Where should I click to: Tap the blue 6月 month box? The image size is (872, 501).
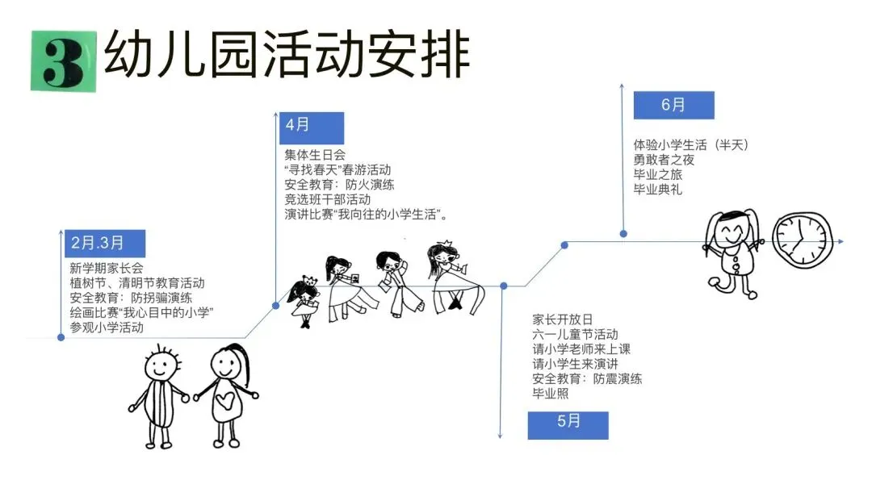coord(673,106)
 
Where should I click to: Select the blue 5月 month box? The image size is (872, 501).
coord(568,424)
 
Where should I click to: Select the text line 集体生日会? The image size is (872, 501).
coord(314,155)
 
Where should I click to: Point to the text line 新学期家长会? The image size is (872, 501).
coord(106,269)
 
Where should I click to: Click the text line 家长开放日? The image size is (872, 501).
coord(562,319)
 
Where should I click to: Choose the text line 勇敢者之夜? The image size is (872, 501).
coord(664,160)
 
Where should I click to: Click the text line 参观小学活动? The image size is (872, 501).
coord(106,328)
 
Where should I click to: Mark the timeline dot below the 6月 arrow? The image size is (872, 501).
coord(623,234)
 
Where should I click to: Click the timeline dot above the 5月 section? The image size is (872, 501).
coord(504,286)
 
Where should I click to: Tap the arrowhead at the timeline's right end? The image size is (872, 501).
coord(840,241)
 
